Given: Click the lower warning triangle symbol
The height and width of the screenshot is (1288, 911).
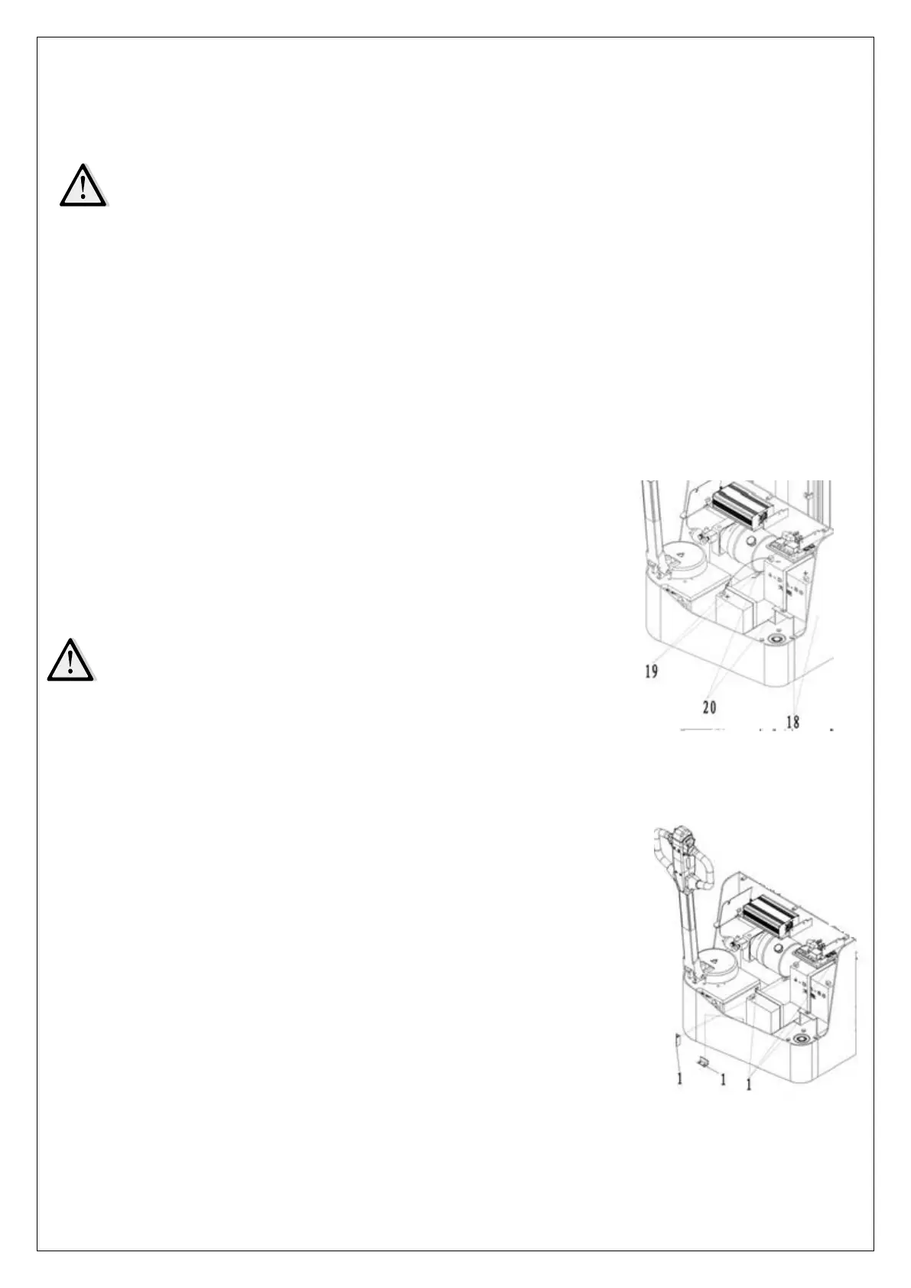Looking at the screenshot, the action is click(70, 659).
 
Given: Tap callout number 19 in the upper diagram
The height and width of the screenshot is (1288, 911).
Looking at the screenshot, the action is click(651, 673).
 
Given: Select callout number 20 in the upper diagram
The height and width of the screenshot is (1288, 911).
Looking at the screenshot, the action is click(709, 707).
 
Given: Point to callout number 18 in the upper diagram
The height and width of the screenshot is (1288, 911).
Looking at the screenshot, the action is click(792, 720).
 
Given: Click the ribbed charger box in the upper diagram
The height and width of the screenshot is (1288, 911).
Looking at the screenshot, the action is click(740, 505).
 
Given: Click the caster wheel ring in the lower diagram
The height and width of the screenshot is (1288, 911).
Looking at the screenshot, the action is click(802, 1040).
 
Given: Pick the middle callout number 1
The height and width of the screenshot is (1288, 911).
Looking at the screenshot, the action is click(722, 1078).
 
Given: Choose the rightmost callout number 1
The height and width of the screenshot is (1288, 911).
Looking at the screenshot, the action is click(749, 1084).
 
